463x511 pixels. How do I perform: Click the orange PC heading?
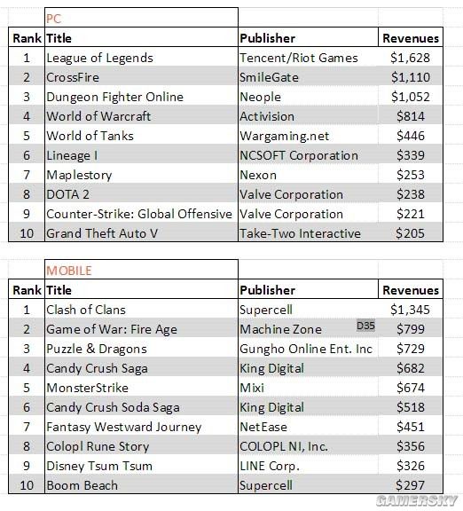(53, 19)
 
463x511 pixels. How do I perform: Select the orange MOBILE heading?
(69, 271)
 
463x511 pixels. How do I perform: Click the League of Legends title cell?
(99, 58)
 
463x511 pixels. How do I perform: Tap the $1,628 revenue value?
(410, 58)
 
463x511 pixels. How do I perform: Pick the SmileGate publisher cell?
(269, 77)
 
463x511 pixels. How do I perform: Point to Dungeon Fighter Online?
(114, 97)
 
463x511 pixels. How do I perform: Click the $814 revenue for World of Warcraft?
(411, 116)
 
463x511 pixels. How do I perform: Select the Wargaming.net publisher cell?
(285, 137)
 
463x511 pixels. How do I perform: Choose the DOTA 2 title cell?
(67, 194)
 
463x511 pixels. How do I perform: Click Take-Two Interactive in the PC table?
(300, 233)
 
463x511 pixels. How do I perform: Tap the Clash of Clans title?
(86, 310)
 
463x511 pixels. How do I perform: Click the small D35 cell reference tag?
(365, 326)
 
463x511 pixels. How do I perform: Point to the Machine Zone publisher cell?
(281, 329)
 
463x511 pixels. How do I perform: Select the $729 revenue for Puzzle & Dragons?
(411, 349)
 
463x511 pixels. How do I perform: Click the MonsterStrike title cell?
(87, 388)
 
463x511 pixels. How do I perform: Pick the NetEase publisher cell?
(263, 427)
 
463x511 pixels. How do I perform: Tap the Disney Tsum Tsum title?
(99, 466)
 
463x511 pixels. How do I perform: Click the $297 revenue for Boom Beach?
(411, 485)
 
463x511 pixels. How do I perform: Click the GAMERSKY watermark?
(416, 500)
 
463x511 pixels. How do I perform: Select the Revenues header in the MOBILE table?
(411, 290)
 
